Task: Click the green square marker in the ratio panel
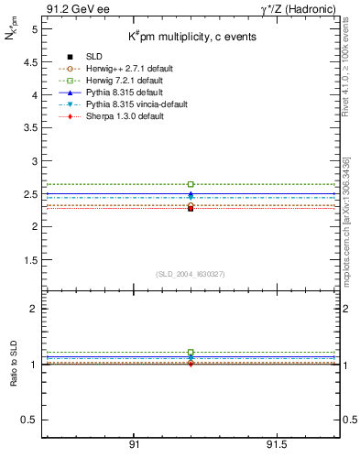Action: point(191,353)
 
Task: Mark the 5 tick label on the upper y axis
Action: point(35,29)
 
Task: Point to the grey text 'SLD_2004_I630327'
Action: point(190,274)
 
